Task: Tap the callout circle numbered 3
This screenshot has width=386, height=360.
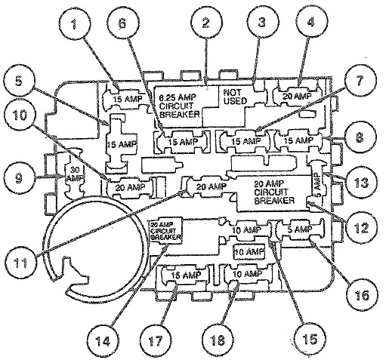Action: [261, 24]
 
